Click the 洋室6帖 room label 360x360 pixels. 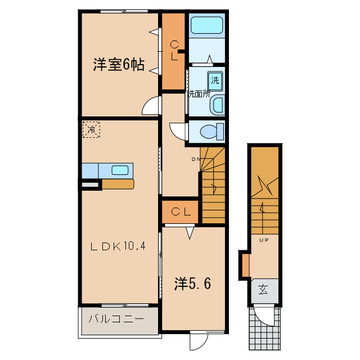118,65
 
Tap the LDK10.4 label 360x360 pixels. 119,246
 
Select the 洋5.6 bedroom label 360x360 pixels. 192,284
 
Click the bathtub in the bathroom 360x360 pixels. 206,26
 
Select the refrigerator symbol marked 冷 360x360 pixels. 92,129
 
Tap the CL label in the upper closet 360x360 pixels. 174,51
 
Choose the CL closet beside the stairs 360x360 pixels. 180,212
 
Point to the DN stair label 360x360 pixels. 196,159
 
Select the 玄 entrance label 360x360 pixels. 263,290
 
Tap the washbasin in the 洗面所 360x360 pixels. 219,104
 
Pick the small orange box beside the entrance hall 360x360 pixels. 245,265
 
